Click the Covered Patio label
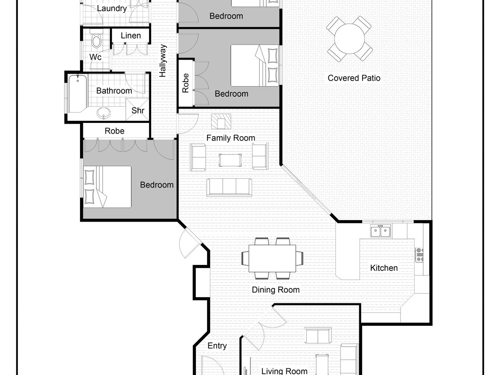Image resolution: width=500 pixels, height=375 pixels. click(x=354, y=78)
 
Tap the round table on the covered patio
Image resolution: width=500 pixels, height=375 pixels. click(x=350, y=39)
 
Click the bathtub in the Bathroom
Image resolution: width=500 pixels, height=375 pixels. click(x=77, y=93)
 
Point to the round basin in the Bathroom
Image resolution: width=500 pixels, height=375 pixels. click(x=104, y=112)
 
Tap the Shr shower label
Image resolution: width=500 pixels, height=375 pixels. click(x=138, y=110)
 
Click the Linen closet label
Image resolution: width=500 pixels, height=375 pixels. click(x=131, y=35)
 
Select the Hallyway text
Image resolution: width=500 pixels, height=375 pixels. click(x=162, y=60)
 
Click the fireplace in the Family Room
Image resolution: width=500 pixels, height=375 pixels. click(x=221, y=121)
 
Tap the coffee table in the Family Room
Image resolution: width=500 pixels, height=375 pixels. click(x=230, y=160)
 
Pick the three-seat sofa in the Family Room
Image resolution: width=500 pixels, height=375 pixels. click(x=229, y=187)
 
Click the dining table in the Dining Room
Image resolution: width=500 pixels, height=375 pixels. click(x=272, y=258)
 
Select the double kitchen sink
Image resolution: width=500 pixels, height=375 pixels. click(x=380, y=231)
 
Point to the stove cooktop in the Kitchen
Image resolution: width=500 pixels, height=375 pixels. click(x=419, y=255)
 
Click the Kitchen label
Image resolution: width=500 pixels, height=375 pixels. click(x=384, y=268)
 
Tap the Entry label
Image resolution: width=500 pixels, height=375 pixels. click(x=217, y=346)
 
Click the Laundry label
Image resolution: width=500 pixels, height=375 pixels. click(x=112, y=8)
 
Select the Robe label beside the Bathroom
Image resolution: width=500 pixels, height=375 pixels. click(x=114, y=131)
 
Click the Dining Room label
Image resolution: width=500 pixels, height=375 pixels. click(x=276, y=290)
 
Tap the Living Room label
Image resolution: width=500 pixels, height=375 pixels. click(x=284, y=371)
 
